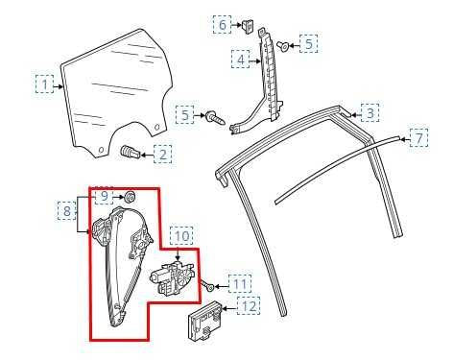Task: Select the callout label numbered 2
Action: (x=164, y=153)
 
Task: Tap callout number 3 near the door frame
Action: (x=369, y=113)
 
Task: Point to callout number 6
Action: (x=222, y=24)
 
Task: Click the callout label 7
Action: (x=418, y=139)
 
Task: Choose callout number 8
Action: (x=67, y=210)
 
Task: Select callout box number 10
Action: (x=182, y=233)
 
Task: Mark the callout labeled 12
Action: (x=248, y=306)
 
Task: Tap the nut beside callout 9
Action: (x=129, y=198)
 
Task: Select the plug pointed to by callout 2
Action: (x=131, y=152)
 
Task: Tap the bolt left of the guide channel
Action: (x=215, y=118)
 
